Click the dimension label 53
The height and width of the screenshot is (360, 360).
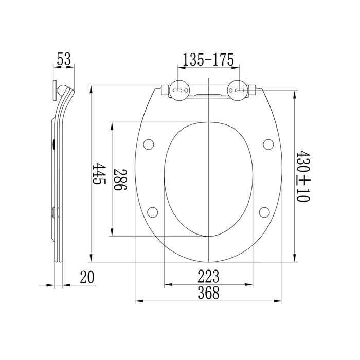pyautogui.click(x=64, y=59)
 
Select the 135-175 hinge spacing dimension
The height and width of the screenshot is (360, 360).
pyautogui.click(x=208, y=60)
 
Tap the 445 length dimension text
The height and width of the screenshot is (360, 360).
pyautogui.click(x=99, y=174)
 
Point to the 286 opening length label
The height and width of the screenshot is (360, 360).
pyautogui.click(x=120, y=179)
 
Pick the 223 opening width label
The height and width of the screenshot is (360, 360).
pyautogui.click(x=208, y=277)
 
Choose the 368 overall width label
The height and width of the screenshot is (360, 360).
pyautogui.click(x=208, y=293)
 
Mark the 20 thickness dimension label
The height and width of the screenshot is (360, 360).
pyautogui.click(x=87, y=277)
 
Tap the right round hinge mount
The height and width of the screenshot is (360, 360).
pyautogui.click(x=238, y=91)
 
